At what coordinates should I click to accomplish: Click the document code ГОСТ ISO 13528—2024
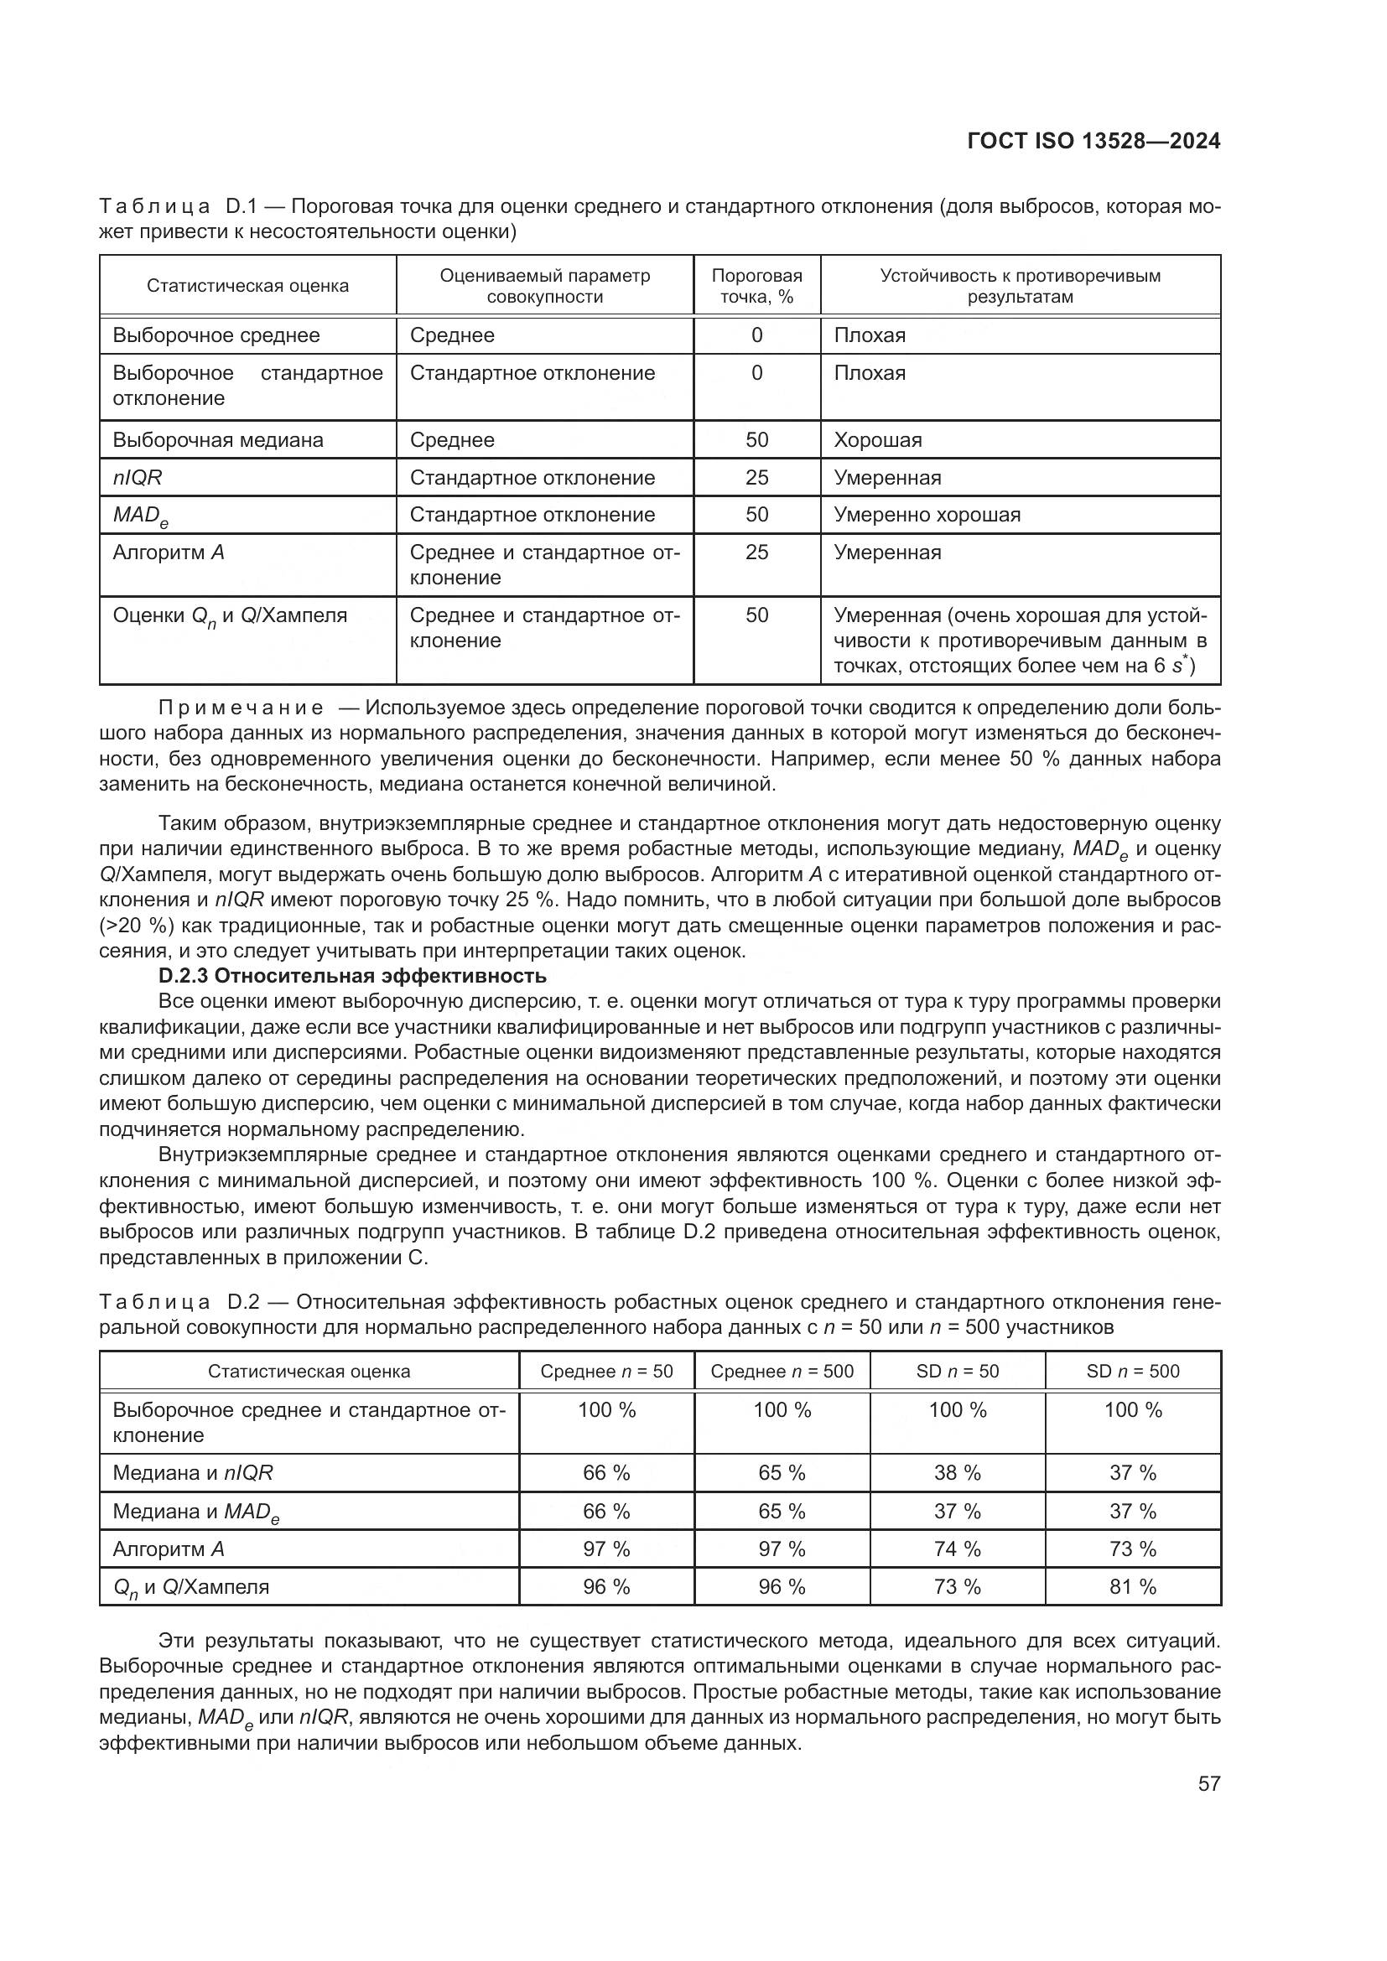[x=1093, y=142]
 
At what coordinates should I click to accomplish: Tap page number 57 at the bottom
[x=1208, y=1783]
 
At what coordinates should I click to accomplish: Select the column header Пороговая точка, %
[x=756, y=286]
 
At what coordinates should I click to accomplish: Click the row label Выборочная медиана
[x=218, y=440]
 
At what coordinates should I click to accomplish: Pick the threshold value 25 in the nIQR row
[x=756, y=477]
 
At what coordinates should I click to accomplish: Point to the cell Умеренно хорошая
[x=927, y=515]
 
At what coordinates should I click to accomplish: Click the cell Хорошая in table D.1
[x=878, y=440]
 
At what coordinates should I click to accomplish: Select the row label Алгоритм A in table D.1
[x=169, y=553]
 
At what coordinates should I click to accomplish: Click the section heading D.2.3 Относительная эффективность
[x=352, y=975]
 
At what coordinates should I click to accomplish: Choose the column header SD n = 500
[x=1132, y=1371]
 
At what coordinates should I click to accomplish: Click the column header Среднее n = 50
[x=606, y=1371]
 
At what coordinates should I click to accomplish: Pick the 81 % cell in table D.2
[x=1132, y=1587]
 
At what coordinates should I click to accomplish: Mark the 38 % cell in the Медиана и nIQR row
[x=958, y=1472]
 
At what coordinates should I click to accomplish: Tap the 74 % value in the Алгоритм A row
[x=958, y=1549]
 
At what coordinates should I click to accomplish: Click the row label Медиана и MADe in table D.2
[x=196, y=1512]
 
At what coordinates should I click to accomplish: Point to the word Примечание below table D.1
[x=241, y=708]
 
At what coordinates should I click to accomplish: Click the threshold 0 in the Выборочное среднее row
[x=756, y=335]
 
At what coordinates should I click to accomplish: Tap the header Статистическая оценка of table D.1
[x=247, y=286]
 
